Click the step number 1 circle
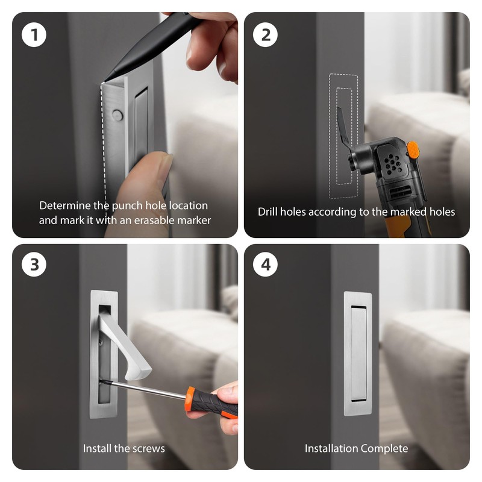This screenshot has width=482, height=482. coord(34,34)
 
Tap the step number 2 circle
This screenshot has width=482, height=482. coord(266,34)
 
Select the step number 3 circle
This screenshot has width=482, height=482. coord(34,264)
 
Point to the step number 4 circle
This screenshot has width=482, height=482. coord(266,264)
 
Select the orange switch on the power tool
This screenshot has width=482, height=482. coord(413,151)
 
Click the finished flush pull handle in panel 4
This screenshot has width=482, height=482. coord(358,354)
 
